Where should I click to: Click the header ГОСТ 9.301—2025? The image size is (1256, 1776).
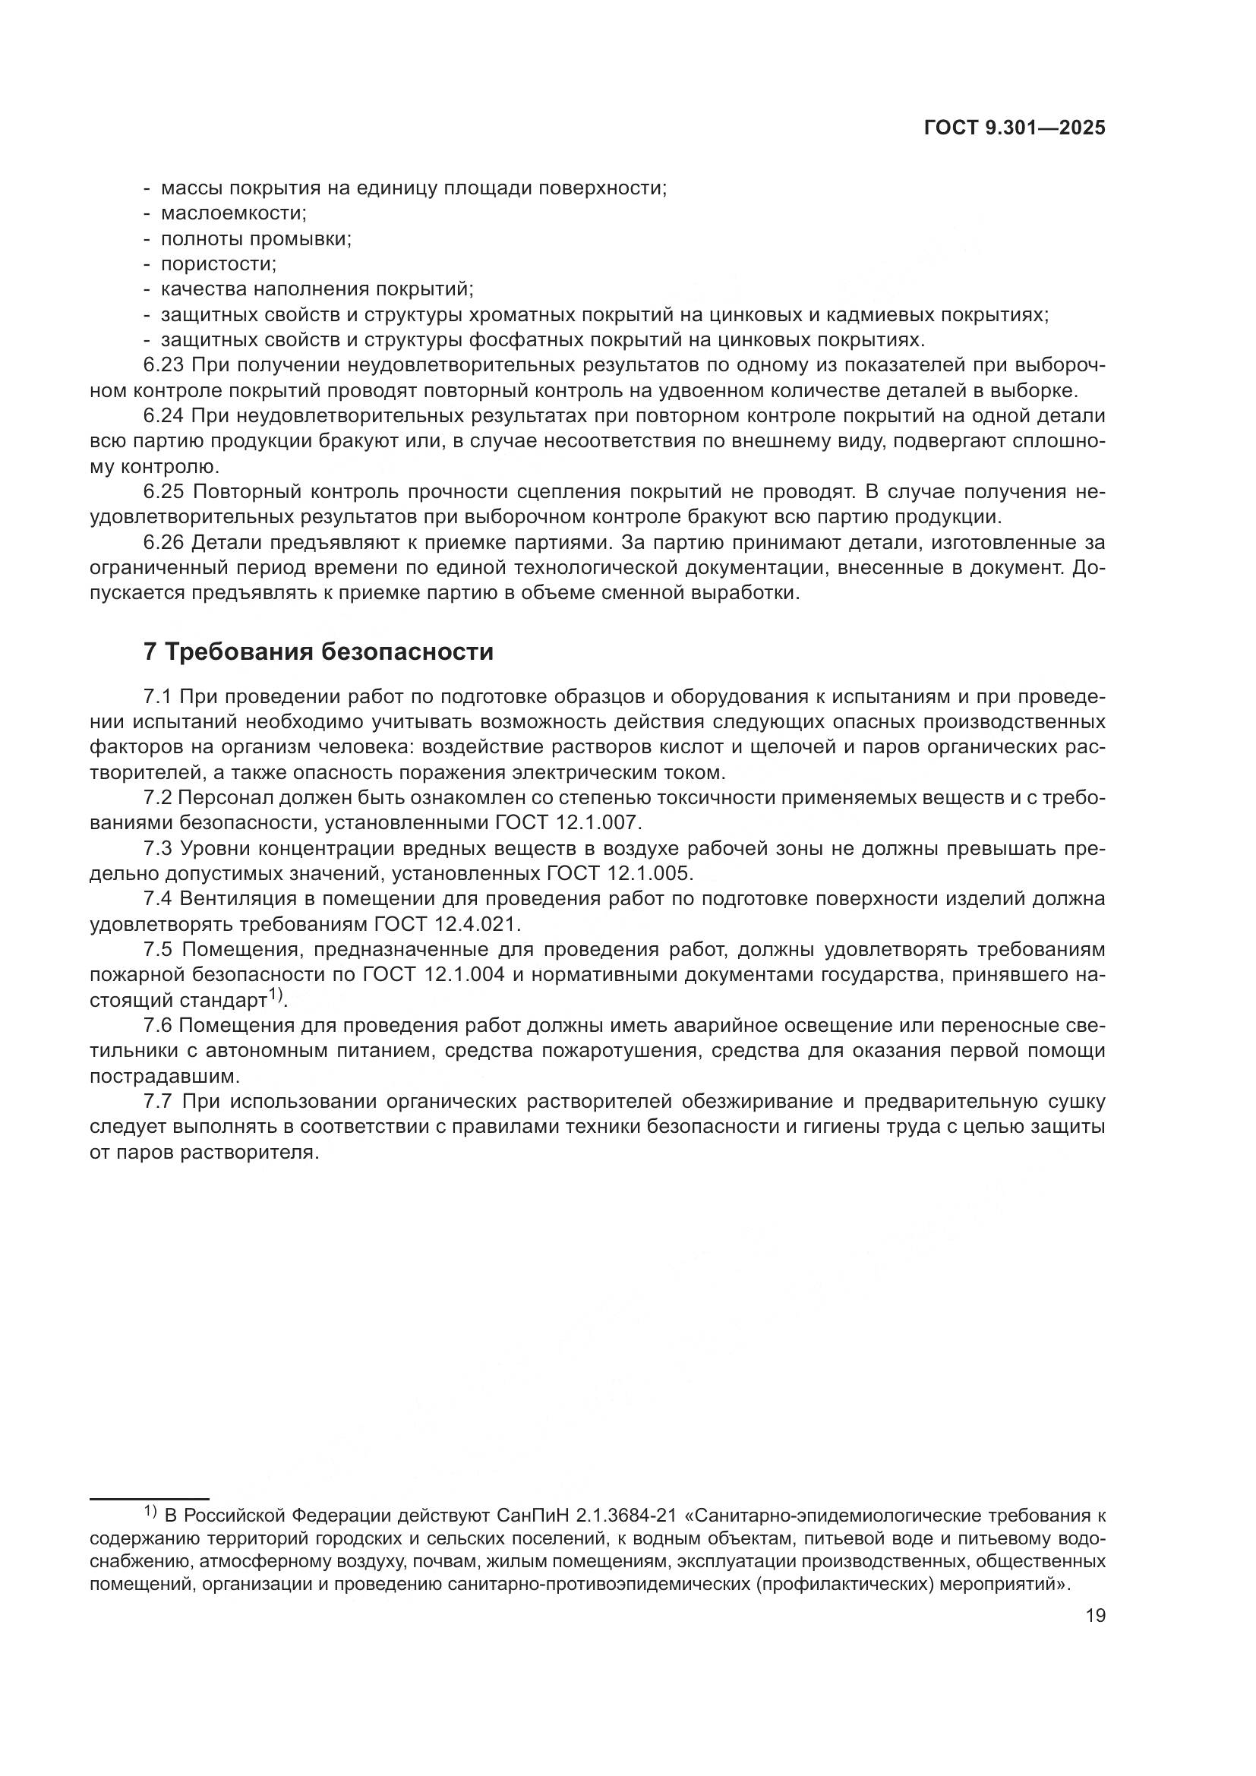[1015, 128]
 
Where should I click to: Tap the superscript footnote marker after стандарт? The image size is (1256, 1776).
[276, 995]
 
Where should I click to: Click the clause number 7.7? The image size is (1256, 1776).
[160, 1102]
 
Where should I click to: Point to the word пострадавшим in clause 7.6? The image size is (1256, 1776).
[155, 1076]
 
